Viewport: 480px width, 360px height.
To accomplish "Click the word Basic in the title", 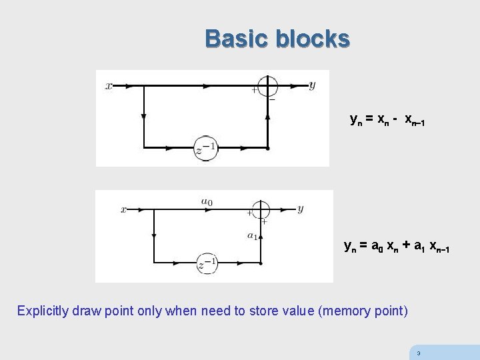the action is [x=237, y=39].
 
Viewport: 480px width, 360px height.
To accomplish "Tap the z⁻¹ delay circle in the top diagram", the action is [x=206, y=148].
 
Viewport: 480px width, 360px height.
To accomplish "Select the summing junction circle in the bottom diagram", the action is [x=261, y=209].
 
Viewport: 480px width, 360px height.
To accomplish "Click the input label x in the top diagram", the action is [x=109, y=86].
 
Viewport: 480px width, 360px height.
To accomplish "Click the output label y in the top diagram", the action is [x=312, y=85].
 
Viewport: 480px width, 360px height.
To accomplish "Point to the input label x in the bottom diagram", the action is [x=124, y=209].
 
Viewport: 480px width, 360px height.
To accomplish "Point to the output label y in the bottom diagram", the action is [x=300, y=209].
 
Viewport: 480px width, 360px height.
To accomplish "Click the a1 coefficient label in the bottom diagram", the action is [x=252, y=235].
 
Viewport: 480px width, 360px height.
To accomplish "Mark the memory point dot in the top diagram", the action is [x=267, y=148].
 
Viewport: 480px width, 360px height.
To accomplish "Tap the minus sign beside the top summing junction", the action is [x=272, y=99].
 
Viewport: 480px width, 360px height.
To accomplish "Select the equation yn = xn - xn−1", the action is [x=387, y=120].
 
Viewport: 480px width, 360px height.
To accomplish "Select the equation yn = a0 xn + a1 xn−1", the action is [x=396, y=247].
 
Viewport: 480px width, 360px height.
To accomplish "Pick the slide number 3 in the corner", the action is [x=418, y=353].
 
